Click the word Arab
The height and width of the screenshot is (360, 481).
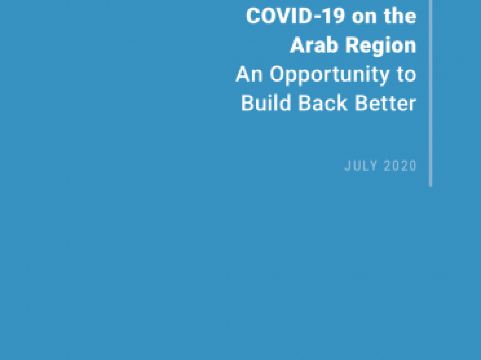(x=314, y=45)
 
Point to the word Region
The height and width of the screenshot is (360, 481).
(x=381, y=46)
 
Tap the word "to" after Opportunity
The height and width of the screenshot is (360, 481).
(x=406, y=75)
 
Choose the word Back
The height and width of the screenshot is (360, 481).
(x=323, y=103)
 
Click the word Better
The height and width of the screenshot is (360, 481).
(x=385, y=103)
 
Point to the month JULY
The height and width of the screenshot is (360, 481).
(x=361, y=166)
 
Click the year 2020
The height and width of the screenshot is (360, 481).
(x=400, y=166)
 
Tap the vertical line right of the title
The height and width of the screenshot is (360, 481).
(x=431, y=93)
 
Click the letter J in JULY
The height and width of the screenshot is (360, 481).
(x=347, y=166)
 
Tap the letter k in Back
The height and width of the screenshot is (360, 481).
(x=342, y=103)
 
